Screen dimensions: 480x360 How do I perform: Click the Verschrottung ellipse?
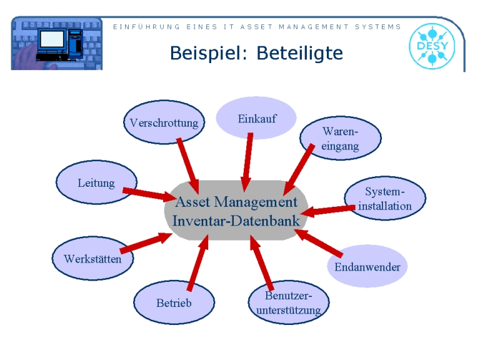click(x=164, y=122)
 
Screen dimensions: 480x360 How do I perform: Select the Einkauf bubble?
click(x=256, y=118)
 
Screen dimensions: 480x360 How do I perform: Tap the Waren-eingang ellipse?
click(x=341, y=138)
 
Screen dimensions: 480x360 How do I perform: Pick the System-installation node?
click(x=385, y=198)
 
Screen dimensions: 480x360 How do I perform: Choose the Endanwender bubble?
click(x=367, y=266)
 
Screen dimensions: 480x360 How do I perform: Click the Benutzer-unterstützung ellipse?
click(x=289, y=302)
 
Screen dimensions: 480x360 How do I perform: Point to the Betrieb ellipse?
click(x=174, y=302)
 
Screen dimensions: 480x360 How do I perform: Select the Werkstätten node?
click(x=92, y=258)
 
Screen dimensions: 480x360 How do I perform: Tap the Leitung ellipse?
click(x=97, y=182)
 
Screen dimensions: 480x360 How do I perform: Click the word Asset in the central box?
click(x=193, y=202)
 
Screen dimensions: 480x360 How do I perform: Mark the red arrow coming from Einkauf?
click(x=247, y=162)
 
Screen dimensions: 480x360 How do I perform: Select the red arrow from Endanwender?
click(x=319, y=242)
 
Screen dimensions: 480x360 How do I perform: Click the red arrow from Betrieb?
click(x=198, y=262)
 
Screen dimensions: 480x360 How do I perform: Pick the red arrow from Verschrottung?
click(x=188, y=166)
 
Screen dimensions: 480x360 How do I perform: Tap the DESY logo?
click(x=432, y=46)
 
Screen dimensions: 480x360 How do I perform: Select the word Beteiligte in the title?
click(x=300, y=53)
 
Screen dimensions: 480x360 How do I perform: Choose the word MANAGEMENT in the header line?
click(x=314, y=27)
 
